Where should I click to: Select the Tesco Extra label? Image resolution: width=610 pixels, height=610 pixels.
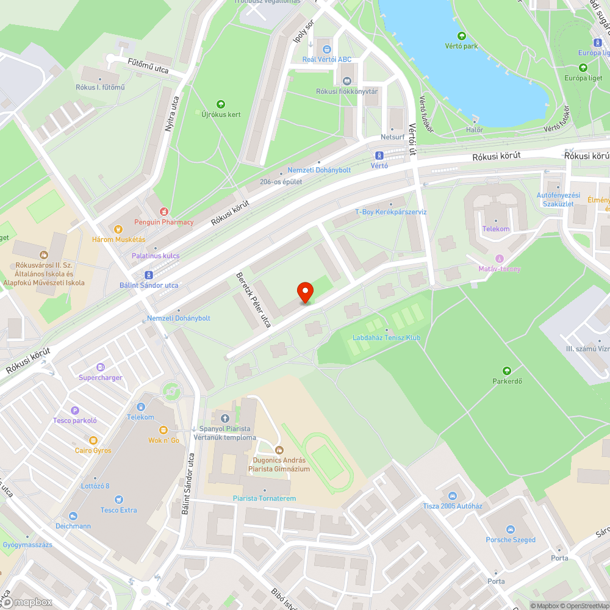click(119, 510)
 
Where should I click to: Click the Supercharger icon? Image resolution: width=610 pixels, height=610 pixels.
click(101, 367)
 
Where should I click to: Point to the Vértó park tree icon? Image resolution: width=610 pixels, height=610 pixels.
click(461, 36)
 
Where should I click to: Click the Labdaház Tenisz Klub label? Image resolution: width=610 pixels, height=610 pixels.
click(386, 337)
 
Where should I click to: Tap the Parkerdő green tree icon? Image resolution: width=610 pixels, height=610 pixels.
click(506, 370)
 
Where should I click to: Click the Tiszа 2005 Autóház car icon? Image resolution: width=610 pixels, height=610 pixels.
click(453, 496)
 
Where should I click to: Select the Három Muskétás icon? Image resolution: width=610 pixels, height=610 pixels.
click(118, 229)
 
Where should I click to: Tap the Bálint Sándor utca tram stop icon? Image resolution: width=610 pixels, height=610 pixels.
click(148, 275)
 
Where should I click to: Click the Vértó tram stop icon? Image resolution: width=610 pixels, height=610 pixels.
click(379, 155)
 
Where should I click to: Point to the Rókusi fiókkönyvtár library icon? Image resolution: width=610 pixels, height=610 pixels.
click(347, 81)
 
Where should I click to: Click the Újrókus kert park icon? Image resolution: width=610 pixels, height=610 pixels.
click(221, 104)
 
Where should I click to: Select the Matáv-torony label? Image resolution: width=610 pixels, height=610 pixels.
click(499, 268)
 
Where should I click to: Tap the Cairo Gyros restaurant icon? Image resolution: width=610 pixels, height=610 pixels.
click(93, 440)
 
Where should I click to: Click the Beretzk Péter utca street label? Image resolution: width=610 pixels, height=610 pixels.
click(253, 299)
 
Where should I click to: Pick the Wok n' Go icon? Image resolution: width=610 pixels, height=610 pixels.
click(163, 430)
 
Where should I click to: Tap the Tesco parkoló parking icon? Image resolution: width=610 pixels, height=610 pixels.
click(75, 411)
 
